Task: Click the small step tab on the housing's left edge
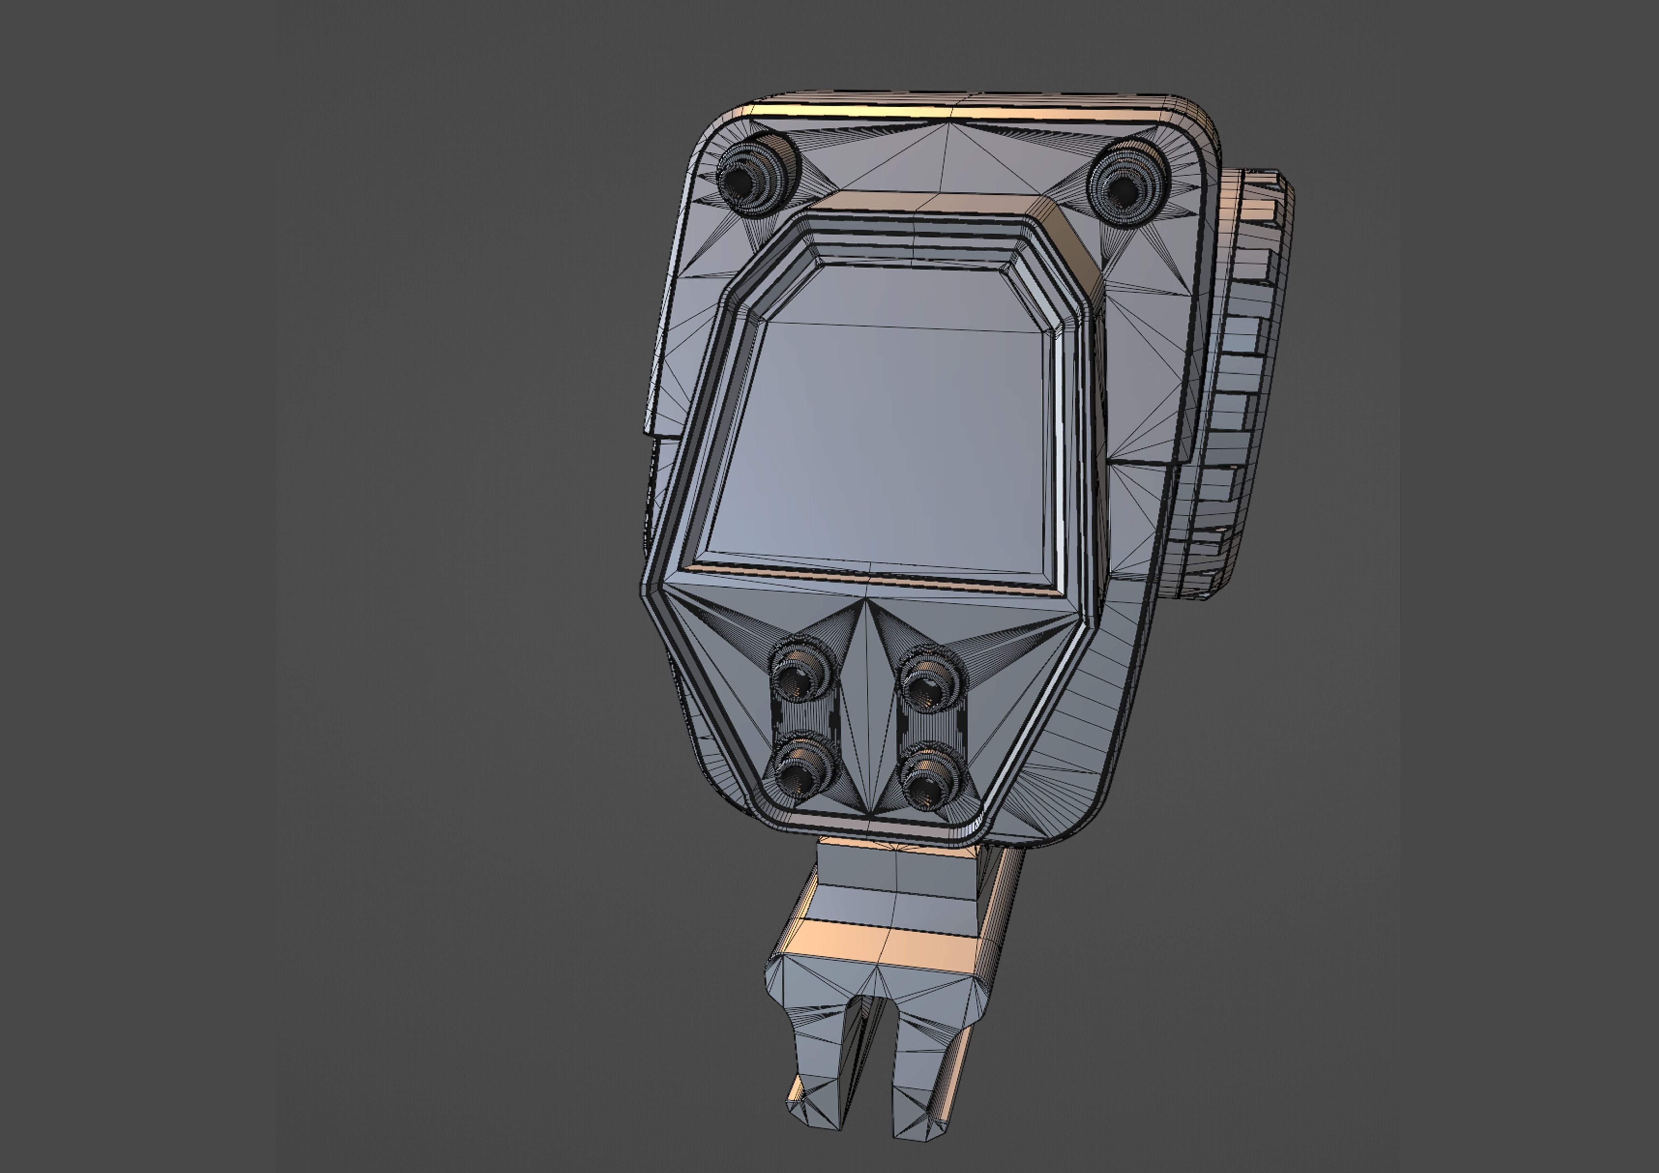(661, 426)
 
